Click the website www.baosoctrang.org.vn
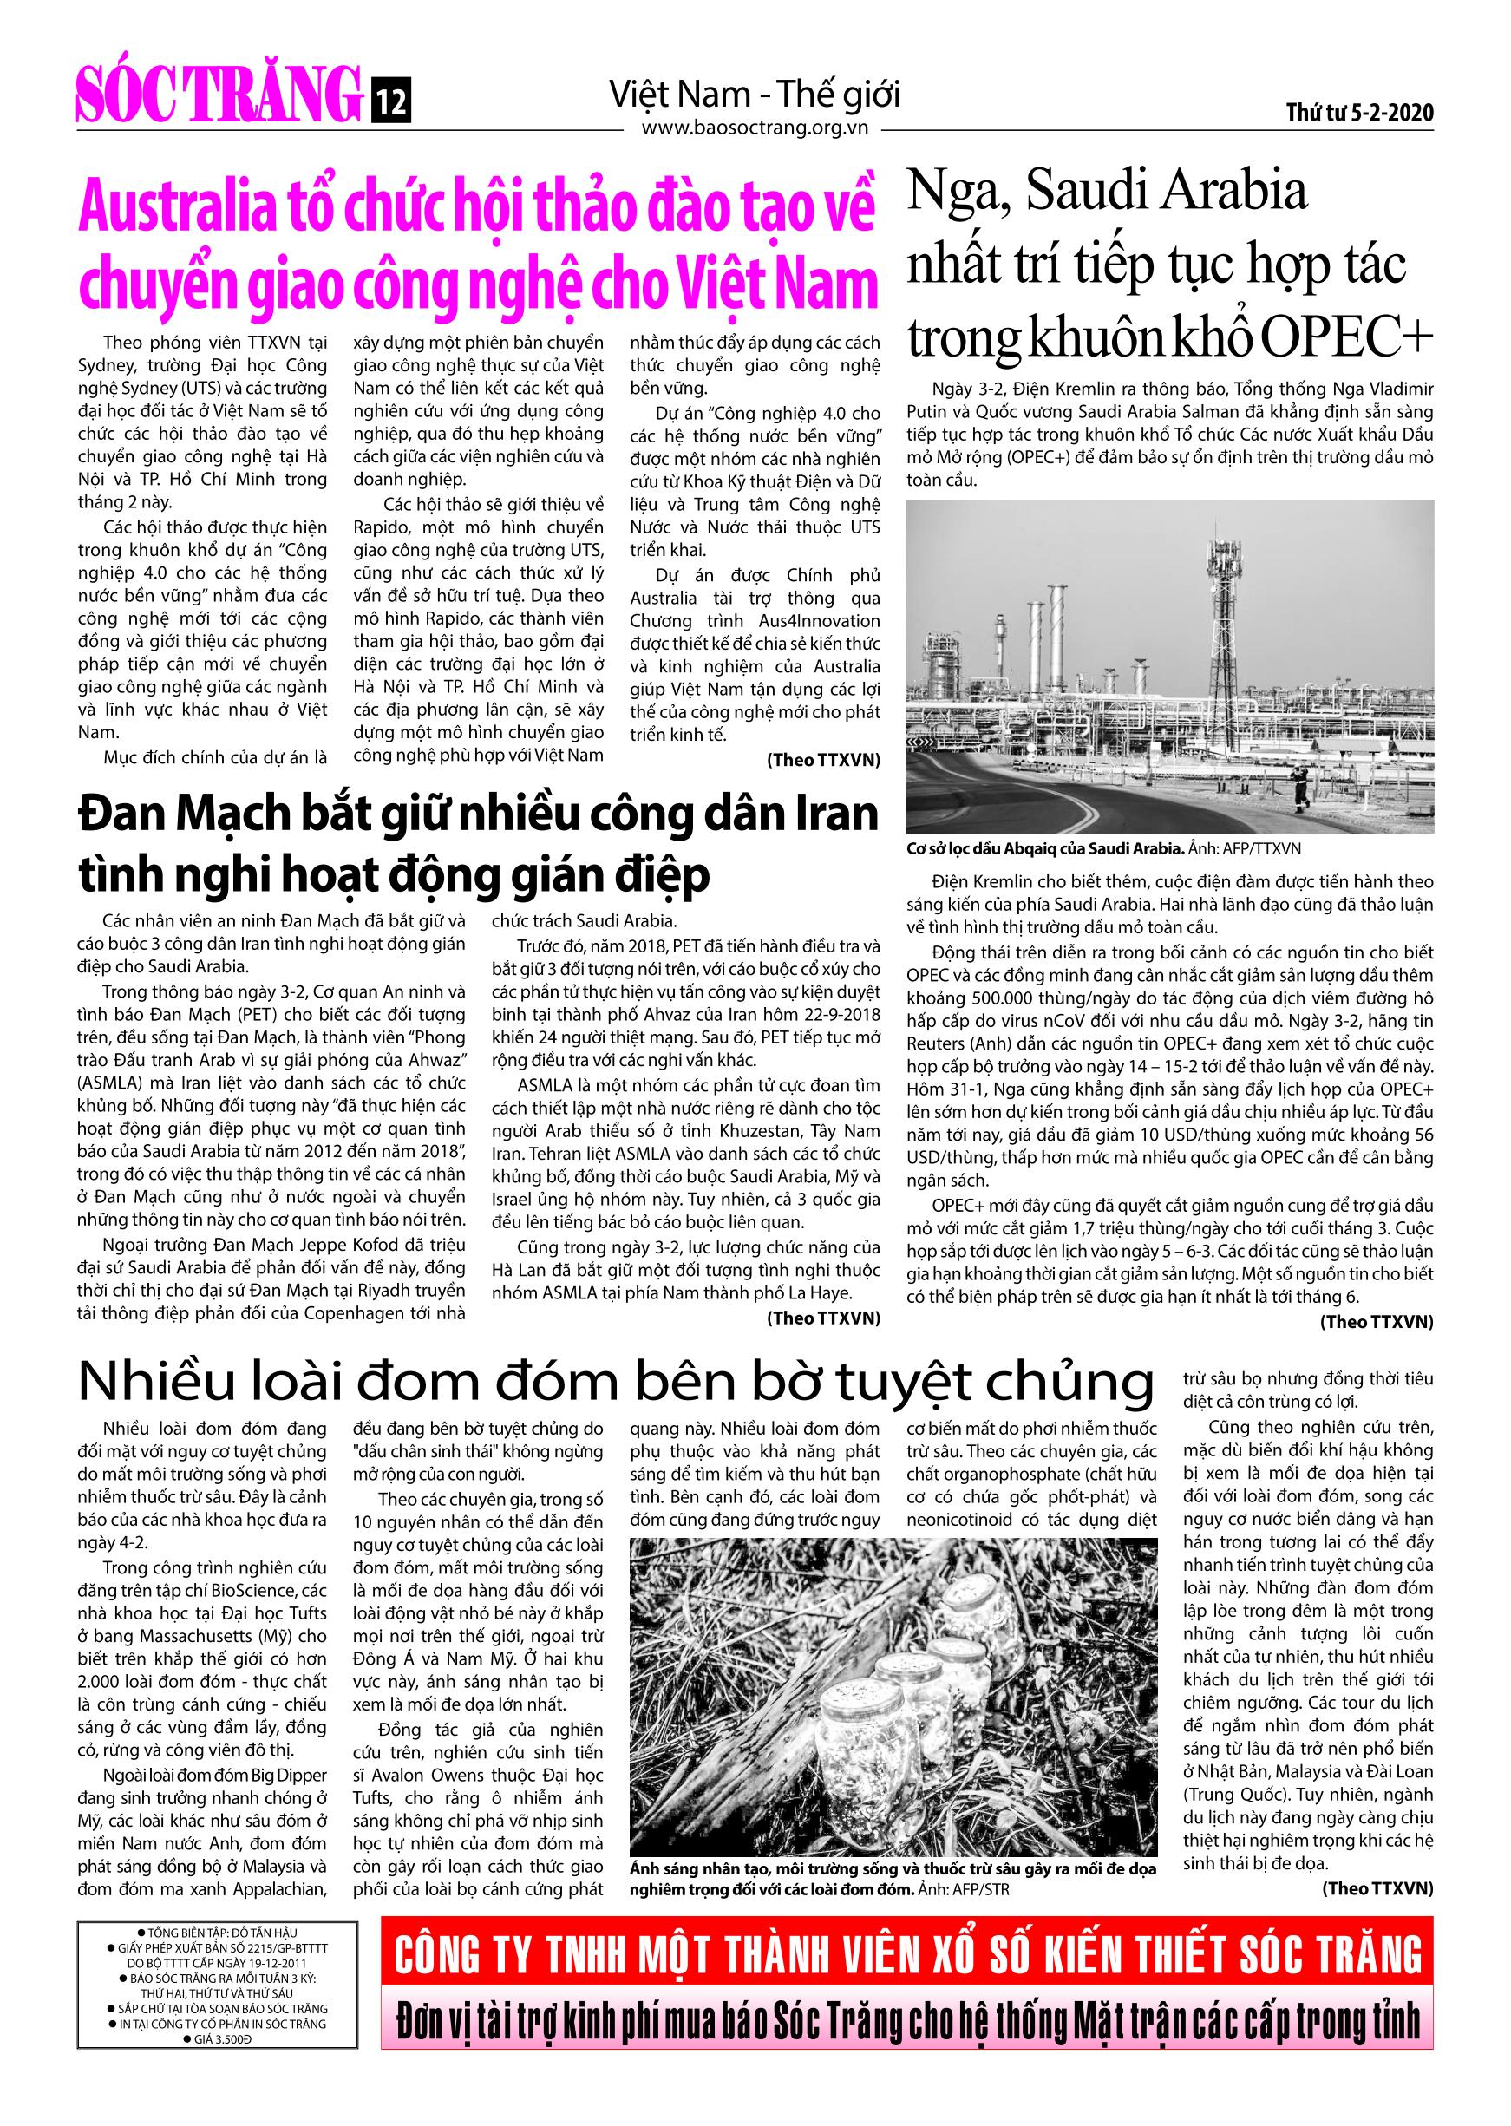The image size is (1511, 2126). tap(755, 129)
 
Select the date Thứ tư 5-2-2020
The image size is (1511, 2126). tap(1359, 114)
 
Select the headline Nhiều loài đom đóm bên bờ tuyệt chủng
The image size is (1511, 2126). tap(615, 1384)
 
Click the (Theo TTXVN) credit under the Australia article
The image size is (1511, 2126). tap(822, 760)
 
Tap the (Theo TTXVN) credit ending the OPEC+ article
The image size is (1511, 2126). tap(1376, 1321)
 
